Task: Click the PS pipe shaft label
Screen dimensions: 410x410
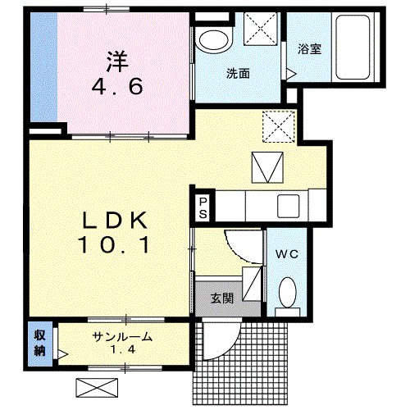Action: point(203,208)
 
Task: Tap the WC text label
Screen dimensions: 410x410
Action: point(286,254)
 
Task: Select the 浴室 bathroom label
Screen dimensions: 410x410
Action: point(309,49)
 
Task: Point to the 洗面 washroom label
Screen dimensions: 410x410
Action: point(238,74)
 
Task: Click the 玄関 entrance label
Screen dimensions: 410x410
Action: point(222,298)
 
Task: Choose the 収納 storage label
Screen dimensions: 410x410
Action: point(39,343)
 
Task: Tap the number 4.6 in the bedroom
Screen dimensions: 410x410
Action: point(117,86)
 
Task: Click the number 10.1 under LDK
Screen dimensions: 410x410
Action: point(113,245)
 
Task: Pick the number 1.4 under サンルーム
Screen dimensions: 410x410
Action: point(123,350)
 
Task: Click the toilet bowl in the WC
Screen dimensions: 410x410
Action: point(287,292)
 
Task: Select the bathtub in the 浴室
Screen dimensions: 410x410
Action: point(353,47)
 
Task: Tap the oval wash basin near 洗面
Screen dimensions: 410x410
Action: point(214,41)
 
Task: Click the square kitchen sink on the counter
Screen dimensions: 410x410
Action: point(289,206)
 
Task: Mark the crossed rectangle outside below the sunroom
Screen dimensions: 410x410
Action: point(97,388)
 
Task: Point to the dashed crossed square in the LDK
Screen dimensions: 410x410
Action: point(279,126)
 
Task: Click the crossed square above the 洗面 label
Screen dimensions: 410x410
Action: point(261,29)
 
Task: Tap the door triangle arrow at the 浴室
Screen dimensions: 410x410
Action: point(291,74)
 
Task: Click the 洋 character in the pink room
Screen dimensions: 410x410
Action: point(118,61)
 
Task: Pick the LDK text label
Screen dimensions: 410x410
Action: point(115,221)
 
